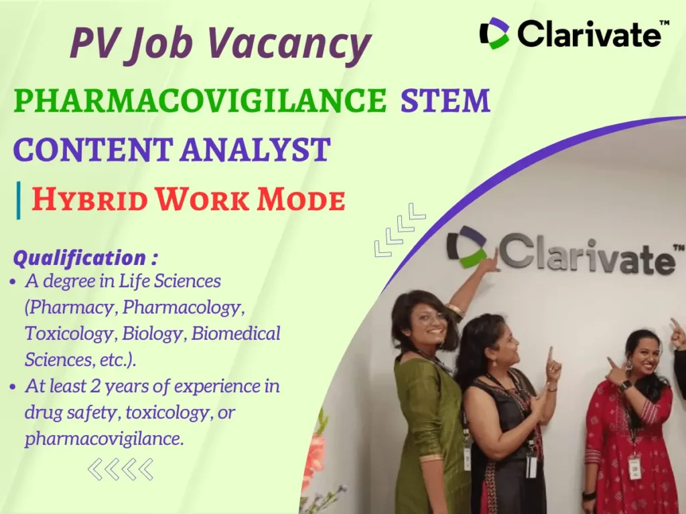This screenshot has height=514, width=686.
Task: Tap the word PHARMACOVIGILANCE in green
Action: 200,101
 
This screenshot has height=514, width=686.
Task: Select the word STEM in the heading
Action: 445,101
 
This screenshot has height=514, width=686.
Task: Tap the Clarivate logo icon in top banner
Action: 494,33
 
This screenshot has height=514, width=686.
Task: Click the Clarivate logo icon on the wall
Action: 467,246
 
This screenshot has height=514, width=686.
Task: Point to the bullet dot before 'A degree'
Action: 14,282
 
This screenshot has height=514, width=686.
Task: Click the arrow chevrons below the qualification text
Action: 121,469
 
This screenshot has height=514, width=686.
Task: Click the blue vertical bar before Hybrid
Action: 19,199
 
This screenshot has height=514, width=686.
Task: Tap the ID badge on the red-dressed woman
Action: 634,466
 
